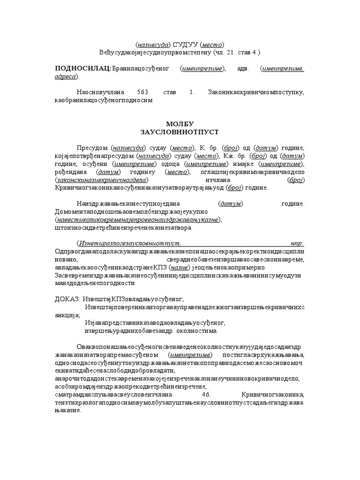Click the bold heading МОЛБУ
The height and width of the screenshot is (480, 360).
(180, 123)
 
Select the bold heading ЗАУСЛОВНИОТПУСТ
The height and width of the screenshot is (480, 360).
(180, 132)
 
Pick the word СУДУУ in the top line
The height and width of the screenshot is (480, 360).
(185, 44)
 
